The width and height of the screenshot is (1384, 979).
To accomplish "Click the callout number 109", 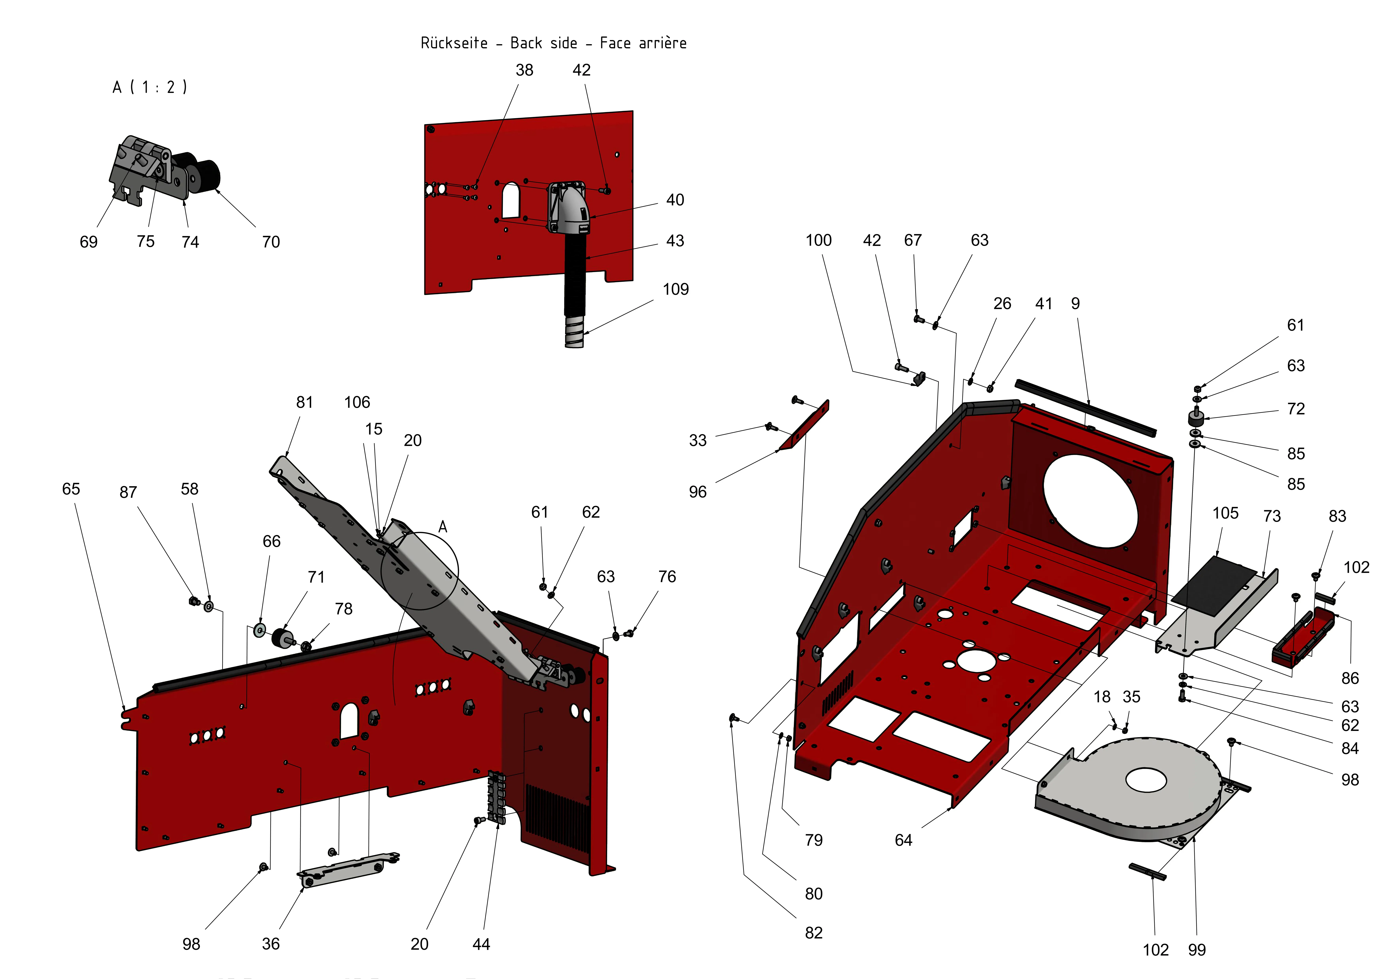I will pyautogui.click(x=675, y=289).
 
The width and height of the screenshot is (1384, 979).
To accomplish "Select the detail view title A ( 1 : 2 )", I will pyautogui.click(x=150, y=87).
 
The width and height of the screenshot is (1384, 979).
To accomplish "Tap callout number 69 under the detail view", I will pyautogui.click(x=89, y=242).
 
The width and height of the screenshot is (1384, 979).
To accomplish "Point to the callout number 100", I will pyautogui.click(x=818, y=241).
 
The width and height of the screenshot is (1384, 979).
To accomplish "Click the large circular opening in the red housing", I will pyautogui.click(x=1090, y=500).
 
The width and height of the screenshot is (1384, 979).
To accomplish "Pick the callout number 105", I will pyautogui.click(x=1225, y=513).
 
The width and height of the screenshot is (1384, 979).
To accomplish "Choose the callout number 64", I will pyautogui.click(x=903, y=840).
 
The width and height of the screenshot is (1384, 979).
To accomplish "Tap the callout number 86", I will pyautogui.click(x=1350, y=678).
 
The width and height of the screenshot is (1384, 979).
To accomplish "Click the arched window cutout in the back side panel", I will pyautogui.click(x=510, y=200).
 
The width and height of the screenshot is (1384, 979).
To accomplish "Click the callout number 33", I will pyautogui.click(x=697, y=441).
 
